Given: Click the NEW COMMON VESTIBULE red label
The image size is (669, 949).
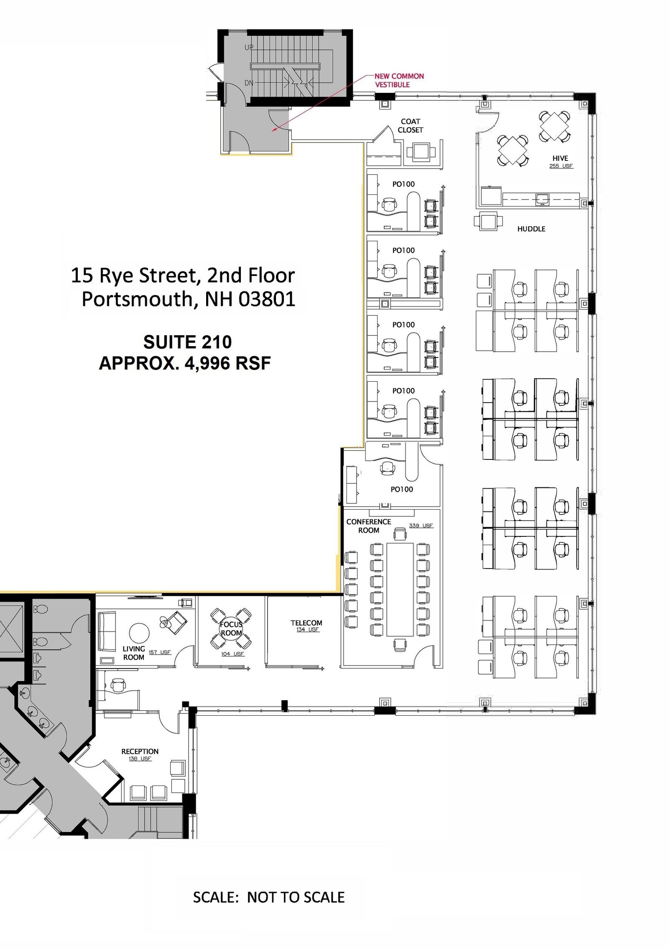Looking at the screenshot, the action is coord(399,80).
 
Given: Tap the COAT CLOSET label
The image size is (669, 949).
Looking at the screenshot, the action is coord(410,126).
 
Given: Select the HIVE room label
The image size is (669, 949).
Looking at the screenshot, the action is coord(560,158).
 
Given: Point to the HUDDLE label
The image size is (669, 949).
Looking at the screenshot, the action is coord(531,229).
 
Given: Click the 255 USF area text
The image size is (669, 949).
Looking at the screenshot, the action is coord(561,166).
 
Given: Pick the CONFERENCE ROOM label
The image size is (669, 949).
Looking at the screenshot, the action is coord(368,526).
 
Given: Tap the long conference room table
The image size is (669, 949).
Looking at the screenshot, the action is coord(400,589).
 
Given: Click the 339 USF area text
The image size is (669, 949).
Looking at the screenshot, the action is coord(421,526).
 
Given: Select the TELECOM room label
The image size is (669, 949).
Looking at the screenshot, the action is coord(306,623).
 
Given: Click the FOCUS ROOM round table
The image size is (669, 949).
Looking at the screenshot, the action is coord(231,628).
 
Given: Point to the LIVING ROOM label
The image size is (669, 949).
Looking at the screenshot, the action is coord(134,653).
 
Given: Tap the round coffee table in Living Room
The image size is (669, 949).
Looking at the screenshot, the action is coord(139,633).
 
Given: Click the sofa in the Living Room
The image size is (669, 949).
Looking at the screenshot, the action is coord(107,631).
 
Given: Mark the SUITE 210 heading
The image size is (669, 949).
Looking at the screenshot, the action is coord(187,342).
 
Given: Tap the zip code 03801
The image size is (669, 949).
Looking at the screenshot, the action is coord(267,299).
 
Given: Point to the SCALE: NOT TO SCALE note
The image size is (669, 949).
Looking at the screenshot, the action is coord(269,897).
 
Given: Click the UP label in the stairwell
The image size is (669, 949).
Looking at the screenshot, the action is coord(249,48).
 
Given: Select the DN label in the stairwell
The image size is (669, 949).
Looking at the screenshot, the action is coord(249,83).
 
